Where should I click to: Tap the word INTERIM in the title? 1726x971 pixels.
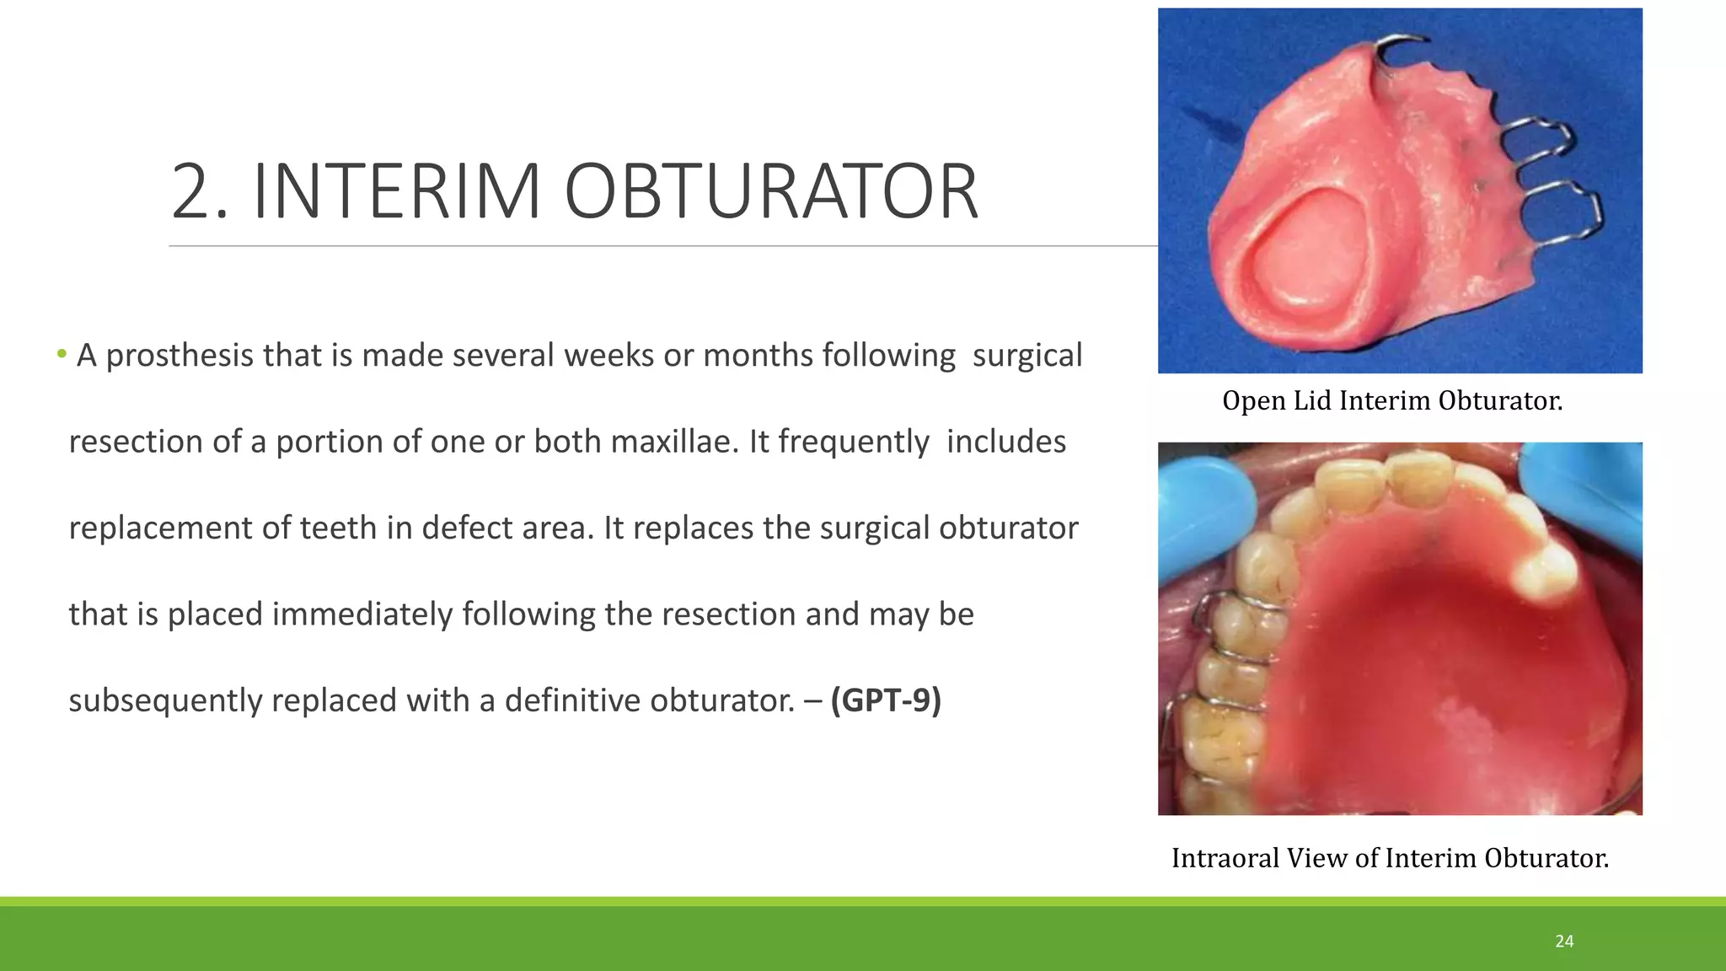[x=396, y=192]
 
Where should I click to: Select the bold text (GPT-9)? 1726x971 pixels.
[x=886, y=700]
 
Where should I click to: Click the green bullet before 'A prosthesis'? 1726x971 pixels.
[x=62, y=354]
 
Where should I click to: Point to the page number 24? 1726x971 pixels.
[x=1564, y=941]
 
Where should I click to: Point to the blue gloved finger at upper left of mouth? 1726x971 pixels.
[x=1201, y=506]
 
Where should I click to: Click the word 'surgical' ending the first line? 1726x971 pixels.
[x=1026, y=356]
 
